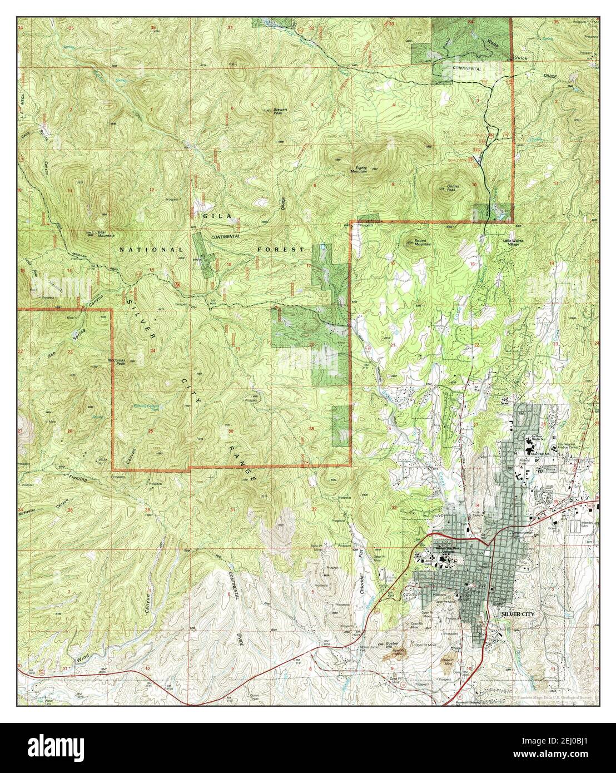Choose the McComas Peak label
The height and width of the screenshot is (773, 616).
tap(119, 360)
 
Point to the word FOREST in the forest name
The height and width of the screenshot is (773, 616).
tap(281, 250)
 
